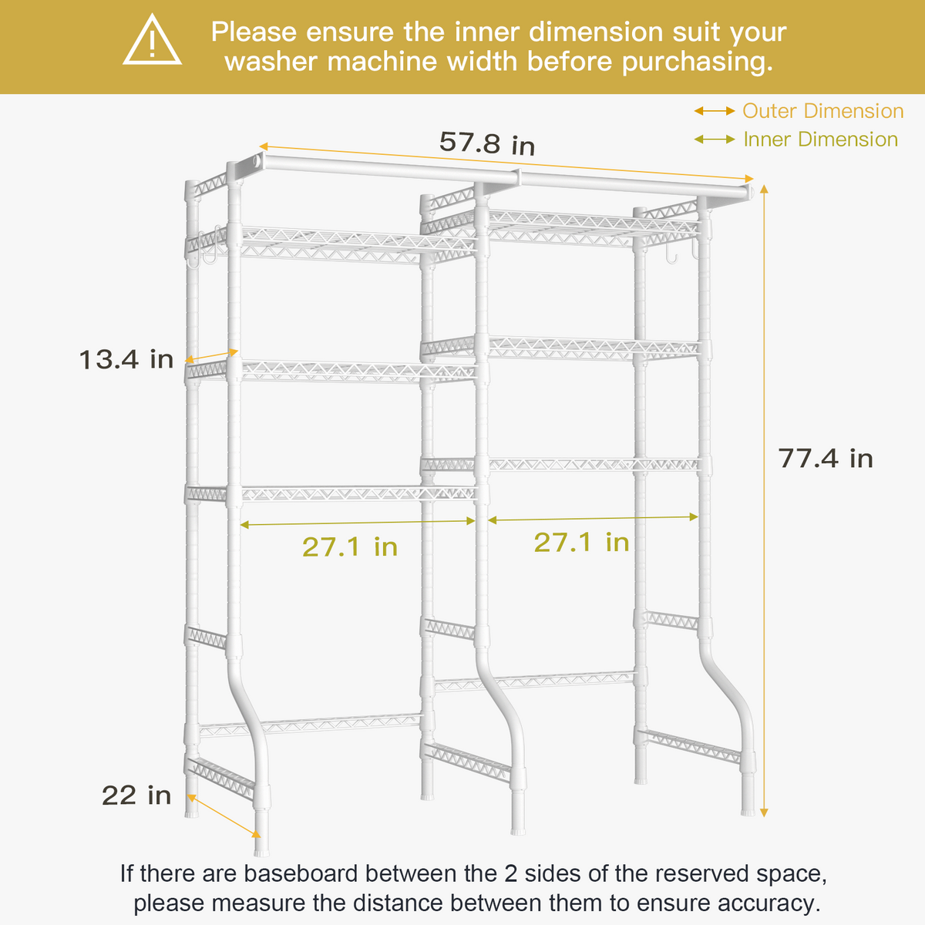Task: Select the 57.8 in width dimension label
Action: point(487,143)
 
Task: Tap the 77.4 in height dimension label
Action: point(826,458)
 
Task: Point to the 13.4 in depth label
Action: point(126,359)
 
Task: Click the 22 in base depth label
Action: point(136,795)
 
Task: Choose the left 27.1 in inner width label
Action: point(350,547)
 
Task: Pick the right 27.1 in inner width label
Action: point(581,542)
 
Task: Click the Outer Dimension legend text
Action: point(822,111)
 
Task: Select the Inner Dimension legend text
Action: point(820,140)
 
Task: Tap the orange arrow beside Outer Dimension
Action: point(715,111)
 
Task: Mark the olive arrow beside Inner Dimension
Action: point(715,140)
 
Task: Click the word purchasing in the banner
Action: point(697,62)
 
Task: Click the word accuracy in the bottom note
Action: point(768,903)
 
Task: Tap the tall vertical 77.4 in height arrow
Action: point(764,501)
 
